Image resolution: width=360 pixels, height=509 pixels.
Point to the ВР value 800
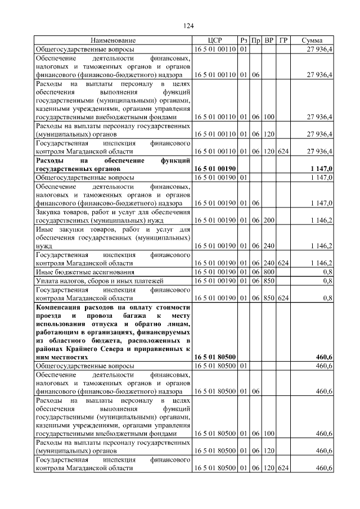[x=269, y=272]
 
